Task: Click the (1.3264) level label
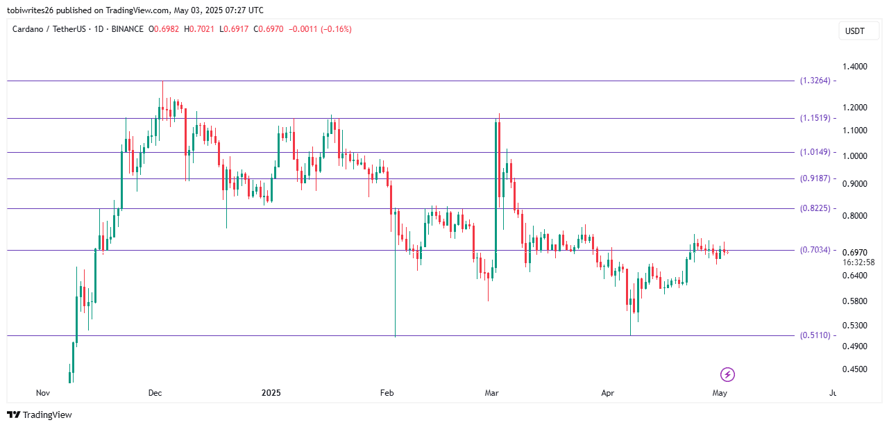[x=815, y=81]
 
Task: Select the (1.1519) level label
[x=815, y=118]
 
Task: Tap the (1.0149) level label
[x=815, y=152]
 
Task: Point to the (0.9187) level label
[x=815, y=178]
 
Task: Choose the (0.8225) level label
[x=815, y=208]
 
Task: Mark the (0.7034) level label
[x=815, y=250]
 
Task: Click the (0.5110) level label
[x=815, y=335]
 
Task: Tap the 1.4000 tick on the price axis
[x=854, y=67]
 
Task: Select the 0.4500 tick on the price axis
[x=854, y=369]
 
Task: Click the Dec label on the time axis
[x=155, y=393]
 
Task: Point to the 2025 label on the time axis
[x=271, y=393]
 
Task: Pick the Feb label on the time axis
[x=387, y=393]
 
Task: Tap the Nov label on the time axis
[x=43, y=393]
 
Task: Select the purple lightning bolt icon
[x=727, y=375]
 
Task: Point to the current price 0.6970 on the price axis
[x=854, y=252]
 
